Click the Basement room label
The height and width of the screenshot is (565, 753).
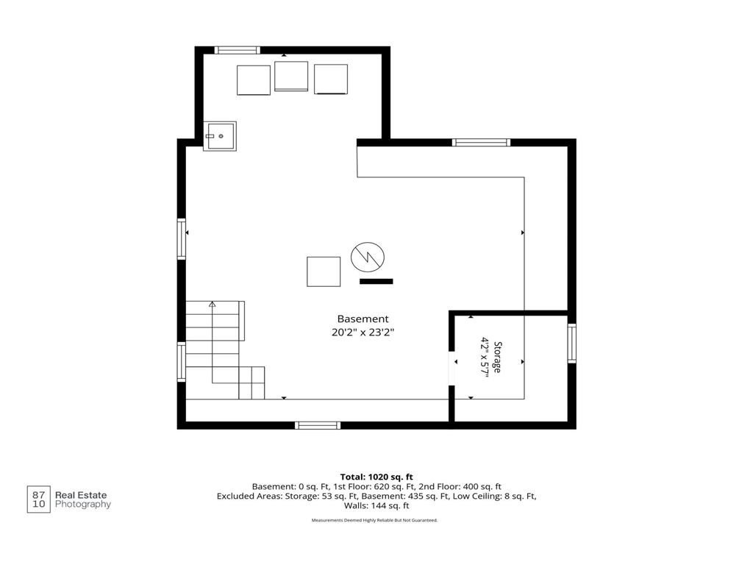coord(363,319)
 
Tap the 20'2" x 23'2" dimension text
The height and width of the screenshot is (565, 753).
coord(363,332)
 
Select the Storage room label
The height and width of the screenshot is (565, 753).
coord(498,357)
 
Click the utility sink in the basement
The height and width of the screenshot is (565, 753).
coord(219,136)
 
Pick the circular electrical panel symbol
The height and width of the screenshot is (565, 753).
coord(368,257)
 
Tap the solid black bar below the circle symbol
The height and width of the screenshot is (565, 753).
coord(376,282)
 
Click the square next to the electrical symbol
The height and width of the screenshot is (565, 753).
coord(324,271)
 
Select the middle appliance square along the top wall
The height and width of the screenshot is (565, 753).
coord(291,76)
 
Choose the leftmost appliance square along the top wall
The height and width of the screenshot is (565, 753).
coord(254,80)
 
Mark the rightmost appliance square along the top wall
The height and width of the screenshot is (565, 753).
coord(331,79)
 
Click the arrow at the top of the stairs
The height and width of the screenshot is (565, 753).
coord(213,304)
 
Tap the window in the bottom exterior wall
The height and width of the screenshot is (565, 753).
coord(318,425)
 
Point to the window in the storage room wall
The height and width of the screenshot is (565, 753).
coord(572,343)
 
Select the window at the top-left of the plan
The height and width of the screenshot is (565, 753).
coord(238,50)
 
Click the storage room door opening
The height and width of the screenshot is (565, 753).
coord(452,369)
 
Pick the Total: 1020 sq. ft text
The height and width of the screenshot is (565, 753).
coord(376,477)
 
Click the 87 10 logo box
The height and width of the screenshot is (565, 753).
coord(38,500)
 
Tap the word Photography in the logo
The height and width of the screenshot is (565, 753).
coord(83,505)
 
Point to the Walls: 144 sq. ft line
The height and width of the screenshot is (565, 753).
coord(376,505)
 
